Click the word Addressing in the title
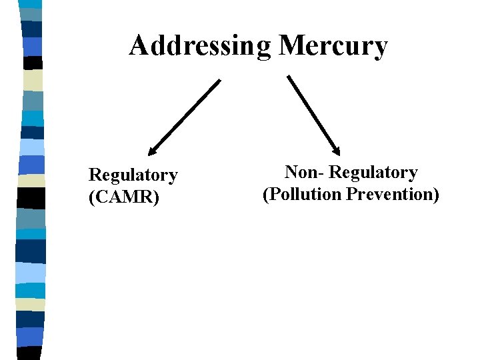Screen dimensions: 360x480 200,46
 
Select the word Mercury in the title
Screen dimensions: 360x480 333,46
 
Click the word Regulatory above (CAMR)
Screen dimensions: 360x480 133,175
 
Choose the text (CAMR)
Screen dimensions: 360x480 124,197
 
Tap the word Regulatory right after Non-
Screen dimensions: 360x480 374,173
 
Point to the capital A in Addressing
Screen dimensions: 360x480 138,45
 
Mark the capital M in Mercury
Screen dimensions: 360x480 292,45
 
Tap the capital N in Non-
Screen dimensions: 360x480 291,173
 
